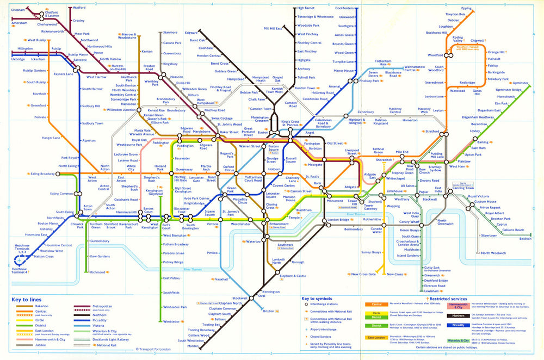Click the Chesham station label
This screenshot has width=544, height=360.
[x=18, y=10]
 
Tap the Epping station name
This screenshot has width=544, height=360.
[x=466, y=8]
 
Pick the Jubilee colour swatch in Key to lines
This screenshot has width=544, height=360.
[x=23, y=345]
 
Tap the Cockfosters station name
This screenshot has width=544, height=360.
[x=345, y=8]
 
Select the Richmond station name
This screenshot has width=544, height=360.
[x=97, y=272]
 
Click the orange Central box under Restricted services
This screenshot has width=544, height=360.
[x=376, y=305]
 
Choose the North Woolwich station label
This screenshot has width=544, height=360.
[x=493, y=253]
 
